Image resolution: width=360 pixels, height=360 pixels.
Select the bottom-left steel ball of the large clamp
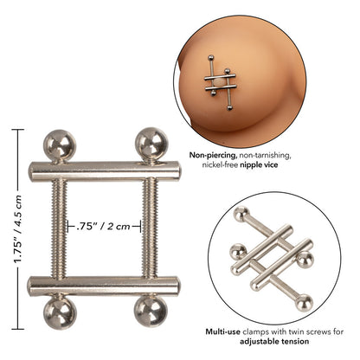pos(61,312)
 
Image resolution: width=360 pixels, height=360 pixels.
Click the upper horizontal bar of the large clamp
pos(105,169)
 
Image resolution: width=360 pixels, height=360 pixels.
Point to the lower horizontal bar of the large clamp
pos(105,286)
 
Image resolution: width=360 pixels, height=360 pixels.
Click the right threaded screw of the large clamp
pos(149,227)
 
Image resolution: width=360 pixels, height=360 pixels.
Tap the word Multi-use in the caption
pos(221,331)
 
